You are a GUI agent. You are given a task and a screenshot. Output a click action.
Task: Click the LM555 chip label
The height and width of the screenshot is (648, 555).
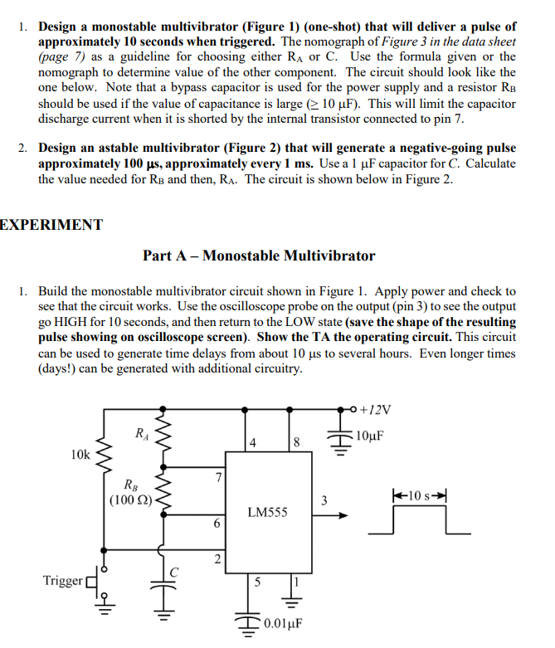[268, 513]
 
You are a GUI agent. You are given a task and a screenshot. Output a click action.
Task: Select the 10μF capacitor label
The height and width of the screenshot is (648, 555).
[369, 436]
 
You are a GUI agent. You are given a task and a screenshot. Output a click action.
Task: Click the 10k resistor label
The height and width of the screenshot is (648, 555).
[80, 455]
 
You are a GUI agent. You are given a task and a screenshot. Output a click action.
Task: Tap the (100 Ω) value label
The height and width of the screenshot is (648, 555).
[129, 499]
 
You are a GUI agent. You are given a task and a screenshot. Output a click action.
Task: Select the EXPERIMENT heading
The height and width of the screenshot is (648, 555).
[51, 225]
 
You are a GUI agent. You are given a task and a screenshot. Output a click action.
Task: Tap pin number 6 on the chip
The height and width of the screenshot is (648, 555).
[217, 524]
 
